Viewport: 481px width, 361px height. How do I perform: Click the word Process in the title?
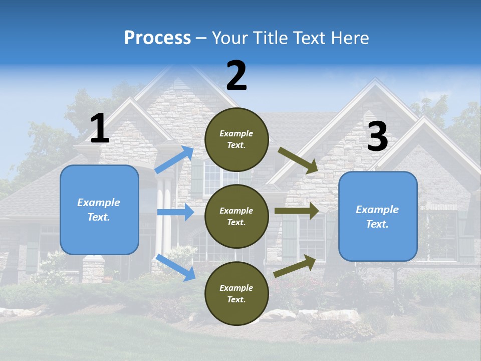pos(157,38)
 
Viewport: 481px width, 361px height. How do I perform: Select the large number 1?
pos(100,129)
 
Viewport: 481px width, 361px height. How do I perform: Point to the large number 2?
pos(236,76)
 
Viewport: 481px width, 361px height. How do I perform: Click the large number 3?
pos(377,136)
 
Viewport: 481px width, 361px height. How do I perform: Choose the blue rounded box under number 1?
pos(99,210)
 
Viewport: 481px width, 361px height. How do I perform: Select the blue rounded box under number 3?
pos(378,217)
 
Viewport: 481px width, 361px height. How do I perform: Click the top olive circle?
pos(236,139)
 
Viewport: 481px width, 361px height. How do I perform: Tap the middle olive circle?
pos(236,216)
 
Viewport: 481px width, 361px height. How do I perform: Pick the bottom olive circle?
pos(236,293)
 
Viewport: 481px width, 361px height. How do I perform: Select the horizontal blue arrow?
pos(175,212)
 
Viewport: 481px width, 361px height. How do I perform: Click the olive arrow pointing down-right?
pos(298,161)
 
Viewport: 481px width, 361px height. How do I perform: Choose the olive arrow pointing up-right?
pos(295,266)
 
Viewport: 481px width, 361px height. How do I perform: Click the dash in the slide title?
pos(201,38)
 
